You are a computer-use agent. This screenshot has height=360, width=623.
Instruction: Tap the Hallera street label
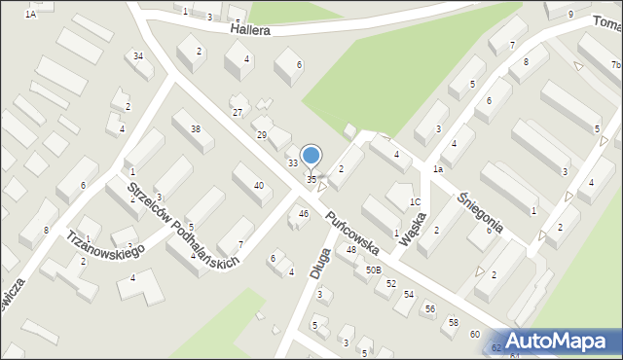(x=250, y=29)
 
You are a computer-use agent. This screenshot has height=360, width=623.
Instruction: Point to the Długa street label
(x=319, y=262)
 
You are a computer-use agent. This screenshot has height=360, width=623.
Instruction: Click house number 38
(x=196, y=129)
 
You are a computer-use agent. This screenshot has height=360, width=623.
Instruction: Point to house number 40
(x=258, y=185)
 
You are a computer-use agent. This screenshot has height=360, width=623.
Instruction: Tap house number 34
(x=138, y=55)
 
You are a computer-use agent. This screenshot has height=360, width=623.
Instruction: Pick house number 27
(x=238, y=113)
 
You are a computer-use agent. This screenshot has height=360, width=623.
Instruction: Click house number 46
(x=304, y=213)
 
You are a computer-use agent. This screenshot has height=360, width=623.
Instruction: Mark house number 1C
(x=415, y=202)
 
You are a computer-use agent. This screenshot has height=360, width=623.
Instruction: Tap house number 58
(x=453, y=321)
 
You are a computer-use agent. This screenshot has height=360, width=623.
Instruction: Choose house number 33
(x=292, y=162)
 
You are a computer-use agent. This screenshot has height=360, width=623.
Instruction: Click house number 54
(x=409, y=293)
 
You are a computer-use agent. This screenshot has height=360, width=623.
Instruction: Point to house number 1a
(x=438, y=169)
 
